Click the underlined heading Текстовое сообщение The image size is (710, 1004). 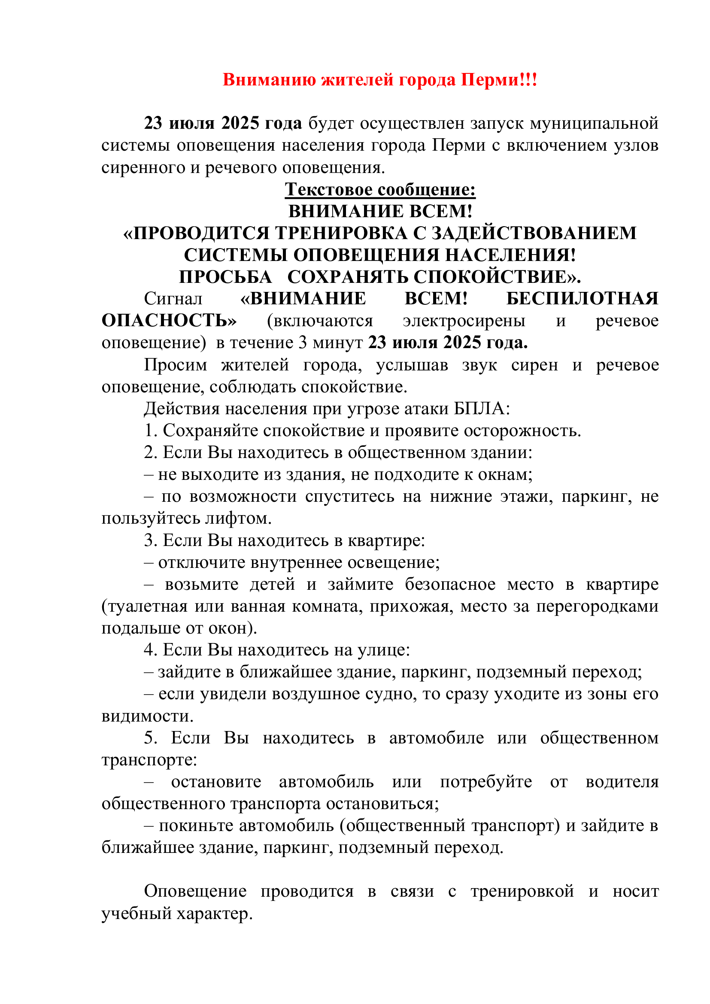(x=380, y=189)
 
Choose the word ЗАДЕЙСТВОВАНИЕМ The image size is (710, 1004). (x=534, y=233)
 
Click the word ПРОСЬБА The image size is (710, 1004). (x=225, y=277)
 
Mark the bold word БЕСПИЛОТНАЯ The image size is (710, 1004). (x=582, y=299)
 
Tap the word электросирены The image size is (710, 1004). (x=464, y=321)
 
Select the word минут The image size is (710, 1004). (x=337, y=343)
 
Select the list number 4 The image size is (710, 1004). (x=150, y=650)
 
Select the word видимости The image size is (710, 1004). (x=147, y=716)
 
